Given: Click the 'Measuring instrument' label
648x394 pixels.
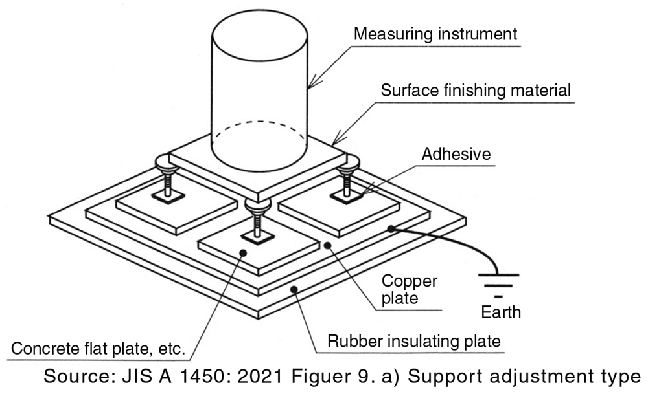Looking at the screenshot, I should (x=435, y=34).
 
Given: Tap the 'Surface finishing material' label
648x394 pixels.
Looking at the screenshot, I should (x=476, y=90).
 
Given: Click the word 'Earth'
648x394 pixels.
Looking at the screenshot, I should (x=500, y=312).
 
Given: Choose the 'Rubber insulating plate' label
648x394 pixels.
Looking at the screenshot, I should (x=414, y=341).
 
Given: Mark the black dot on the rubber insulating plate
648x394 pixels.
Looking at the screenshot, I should (x=294, y=289).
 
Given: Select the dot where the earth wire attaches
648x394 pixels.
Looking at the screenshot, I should (x=391, y=228).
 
